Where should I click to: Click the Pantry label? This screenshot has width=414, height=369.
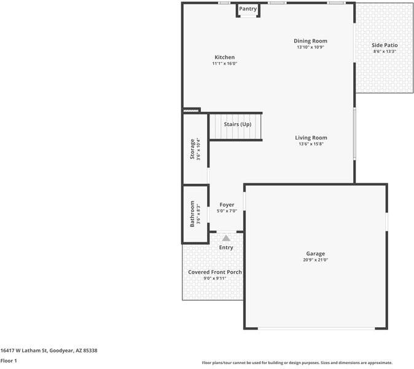(x=248, y=9)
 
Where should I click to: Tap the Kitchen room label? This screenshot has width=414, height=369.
(x=224, y=57)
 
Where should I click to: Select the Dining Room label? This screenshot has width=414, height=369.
(x=310, y=41)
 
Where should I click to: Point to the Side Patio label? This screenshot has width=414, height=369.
(x=385, y=46)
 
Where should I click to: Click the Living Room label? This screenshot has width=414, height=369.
(x=311, y=138)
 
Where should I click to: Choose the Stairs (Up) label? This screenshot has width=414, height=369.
(x=237, y=124)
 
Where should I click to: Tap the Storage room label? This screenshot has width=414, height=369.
(x=192, y=149)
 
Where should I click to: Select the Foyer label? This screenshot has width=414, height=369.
(x=227, y=205)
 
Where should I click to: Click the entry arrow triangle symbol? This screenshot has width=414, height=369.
(x=226, y=238)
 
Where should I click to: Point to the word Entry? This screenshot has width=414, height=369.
(x=226, y=247)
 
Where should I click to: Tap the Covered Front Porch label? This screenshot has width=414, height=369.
(x=215, y=272)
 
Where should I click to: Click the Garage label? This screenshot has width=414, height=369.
(x=316, y=253)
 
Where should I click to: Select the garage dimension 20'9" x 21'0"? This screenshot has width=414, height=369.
(x=316, y=260)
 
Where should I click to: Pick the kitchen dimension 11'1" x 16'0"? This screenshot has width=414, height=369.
(x=224, y=63)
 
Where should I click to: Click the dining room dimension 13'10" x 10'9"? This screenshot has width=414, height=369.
(x=310, y=47)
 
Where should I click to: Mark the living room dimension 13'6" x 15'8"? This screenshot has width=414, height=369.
(x=311, y=144)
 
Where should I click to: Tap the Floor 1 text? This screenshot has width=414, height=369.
(x=9, y=360)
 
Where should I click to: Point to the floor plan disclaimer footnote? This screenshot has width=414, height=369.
(x=297, y=363)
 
